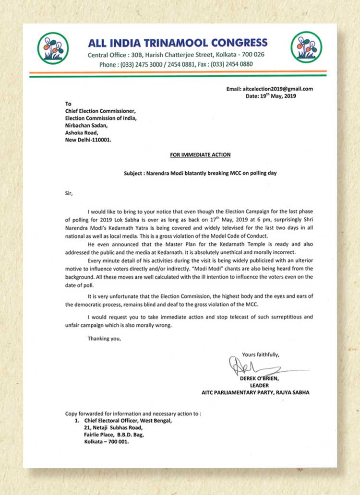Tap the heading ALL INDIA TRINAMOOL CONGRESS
pyautogui.click(x=178, y=42)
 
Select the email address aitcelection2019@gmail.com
pyautogui.click(x=283, y=89)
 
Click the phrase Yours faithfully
pyautogui.click(x=261, y=355)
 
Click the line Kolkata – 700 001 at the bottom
pyautogui.click(x=106, y=442)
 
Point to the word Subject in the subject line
pyautogui.click(x=136, y=173)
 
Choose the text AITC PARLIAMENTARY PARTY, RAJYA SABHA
pyautogui.click(x=255, y=392)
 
